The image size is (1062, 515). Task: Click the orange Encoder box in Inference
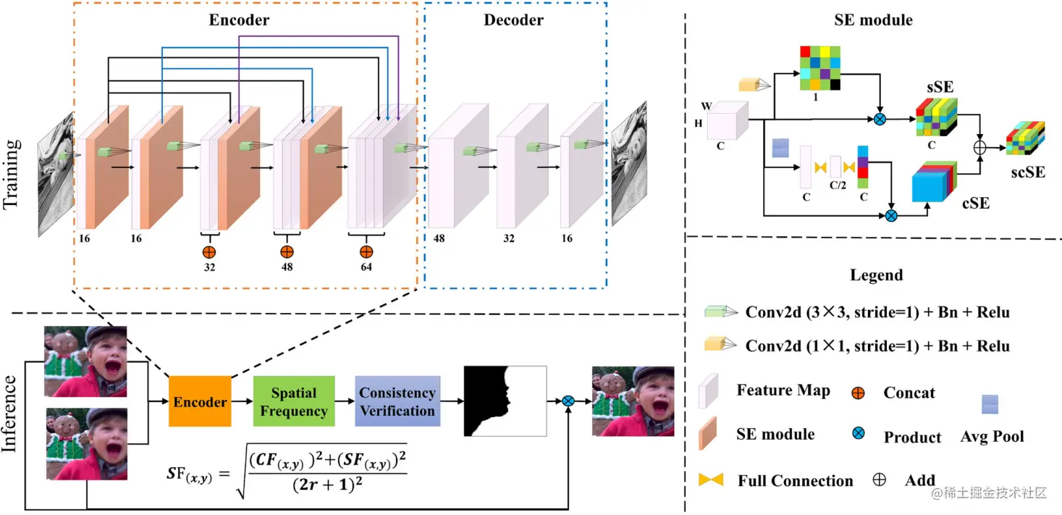(x=200, y=401)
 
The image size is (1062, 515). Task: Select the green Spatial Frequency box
(x=294, y=401)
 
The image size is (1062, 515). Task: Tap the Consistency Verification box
(x=397, y=401)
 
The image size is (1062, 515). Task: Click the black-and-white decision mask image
(x=505, y=401)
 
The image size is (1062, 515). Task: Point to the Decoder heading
(x=513, y=20)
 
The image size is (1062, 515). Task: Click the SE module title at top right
(x=872, y=20)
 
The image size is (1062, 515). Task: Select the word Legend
(x=877, y=275)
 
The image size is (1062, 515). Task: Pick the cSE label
(x=974, y=204)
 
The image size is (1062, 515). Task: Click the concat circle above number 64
(x=366, y=251)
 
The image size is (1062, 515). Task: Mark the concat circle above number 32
(x=209, y=251)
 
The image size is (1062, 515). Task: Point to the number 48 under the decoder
(x=439, y=238)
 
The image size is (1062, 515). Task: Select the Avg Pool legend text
(x=993, y=437)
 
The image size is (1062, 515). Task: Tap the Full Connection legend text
(x=795, y=481)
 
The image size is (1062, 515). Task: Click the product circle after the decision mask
(x=569, y=401)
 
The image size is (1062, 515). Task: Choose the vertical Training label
(x=12, y=174)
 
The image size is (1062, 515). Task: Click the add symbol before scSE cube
(x=980, y=148)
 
